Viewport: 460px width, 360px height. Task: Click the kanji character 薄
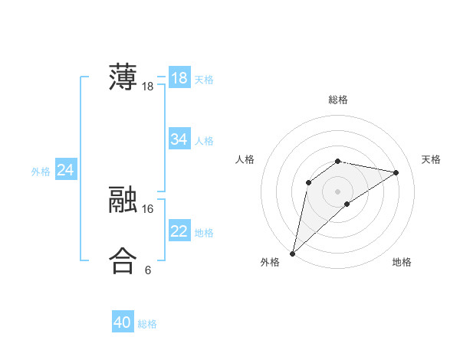point(123,77)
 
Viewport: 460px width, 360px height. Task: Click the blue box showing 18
point(179,78)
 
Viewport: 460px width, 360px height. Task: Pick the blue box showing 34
point(179,139)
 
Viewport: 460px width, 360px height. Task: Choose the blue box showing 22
point(179,231)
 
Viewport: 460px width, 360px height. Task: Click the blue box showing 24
point(66,170)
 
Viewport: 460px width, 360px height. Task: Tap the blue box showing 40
point(123,322)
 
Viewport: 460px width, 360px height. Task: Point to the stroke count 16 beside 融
point(148,208)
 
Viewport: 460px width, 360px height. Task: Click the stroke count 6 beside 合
point(148,270)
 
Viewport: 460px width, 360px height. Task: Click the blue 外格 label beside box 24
point(41,172)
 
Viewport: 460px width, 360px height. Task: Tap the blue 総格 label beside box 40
point(147,324)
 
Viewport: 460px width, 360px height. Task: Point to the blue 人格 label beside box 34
point(204,141)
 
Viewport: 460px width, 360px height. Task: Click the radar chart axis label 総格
point(338,100)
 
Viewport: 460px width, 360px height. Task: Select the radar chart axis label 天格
point(432,159)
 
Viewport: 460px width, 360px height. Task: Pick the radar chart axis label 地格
point(402,262)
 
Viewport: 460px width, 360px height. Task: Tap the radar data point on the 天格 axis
point(396,172)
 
